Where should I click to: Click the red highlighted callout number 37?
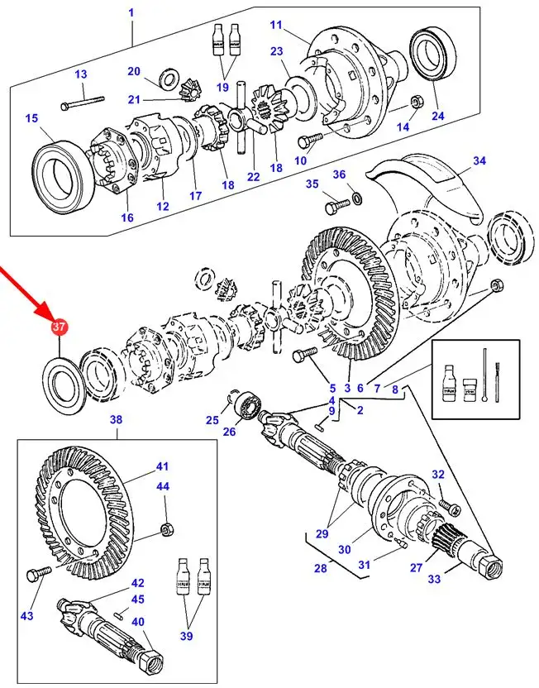(x=59, y=328)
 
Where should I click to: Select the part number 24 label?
(x=437, y=117)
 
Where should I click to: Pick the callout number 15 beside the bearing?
(x=31, y=118)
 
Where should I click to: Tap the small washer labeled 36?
(x=356, y=198)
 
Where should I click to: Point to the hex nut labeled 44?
(x=165, y=528)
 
